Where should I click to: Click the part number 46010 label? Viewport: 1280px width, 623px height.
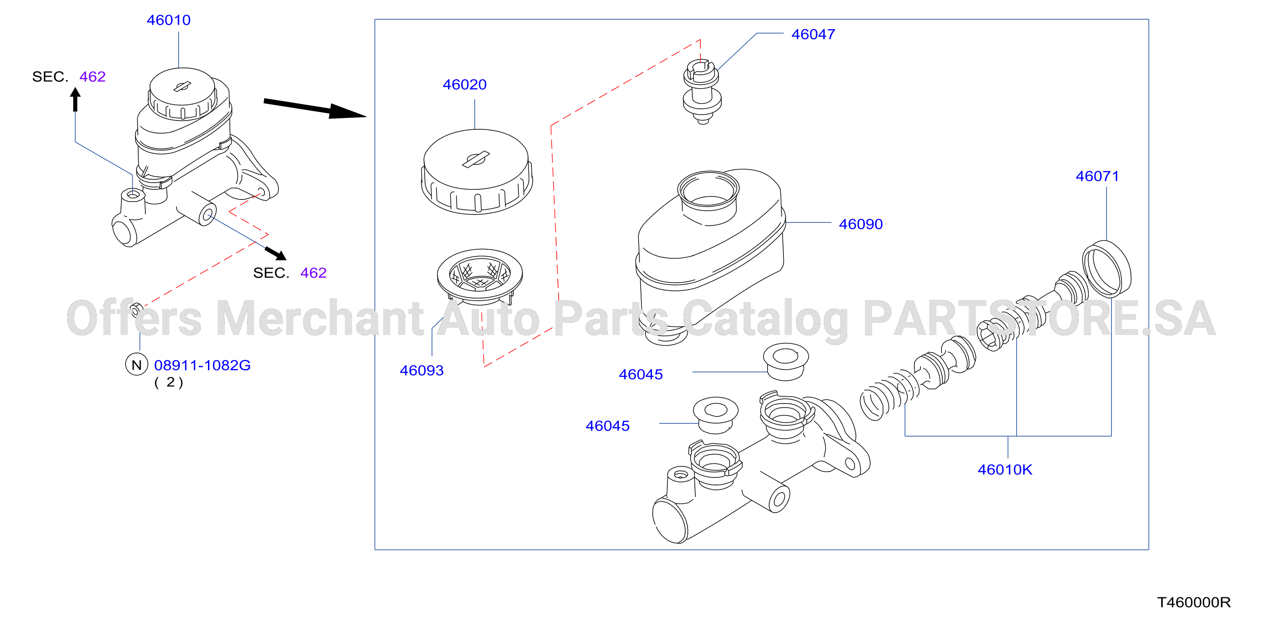[x=168, y=20]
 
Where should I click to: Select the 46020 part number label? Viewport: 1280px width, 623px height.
[x=465, y=84]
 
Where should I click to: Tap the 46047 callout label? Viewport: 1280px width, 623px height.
[x=813, y=34]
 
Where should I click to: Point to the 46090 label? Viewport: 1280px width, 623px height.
[x=861, y=224]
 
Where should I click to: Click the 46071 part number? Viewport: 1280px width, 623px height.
[x=1097, y=176]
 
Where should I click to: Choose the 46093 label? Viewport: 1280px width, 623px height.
[x=422, y=370]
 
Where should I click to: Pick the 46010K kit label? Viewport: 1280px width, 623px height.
[x=1005, y=470]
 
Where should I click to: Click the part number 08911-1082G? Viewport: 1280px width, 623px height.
[x=202, y=365]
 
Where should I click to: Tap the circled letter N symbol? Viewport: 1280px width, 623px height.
[x=137, y=365]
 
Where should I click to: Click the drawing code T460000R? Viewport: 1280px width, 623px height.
[x=1194, y=602]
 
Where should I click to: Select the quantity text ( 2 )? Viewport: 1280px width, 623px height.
[x=169, y=382]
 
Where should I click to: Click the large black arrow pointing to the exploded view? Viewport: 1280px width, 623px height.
[x=315, y=108]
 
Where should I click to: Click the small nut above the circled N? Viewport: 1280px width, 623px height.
[x=136, y=310]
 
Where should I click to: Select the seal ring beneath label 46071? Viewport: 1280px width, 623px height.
[x=1107, y=269]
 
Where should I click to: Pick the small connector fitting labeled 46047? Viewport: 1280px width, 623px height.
[x=702, y=92]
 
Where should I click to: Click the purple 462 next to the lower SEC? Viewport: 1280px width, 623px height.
[x=313, y=272]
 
